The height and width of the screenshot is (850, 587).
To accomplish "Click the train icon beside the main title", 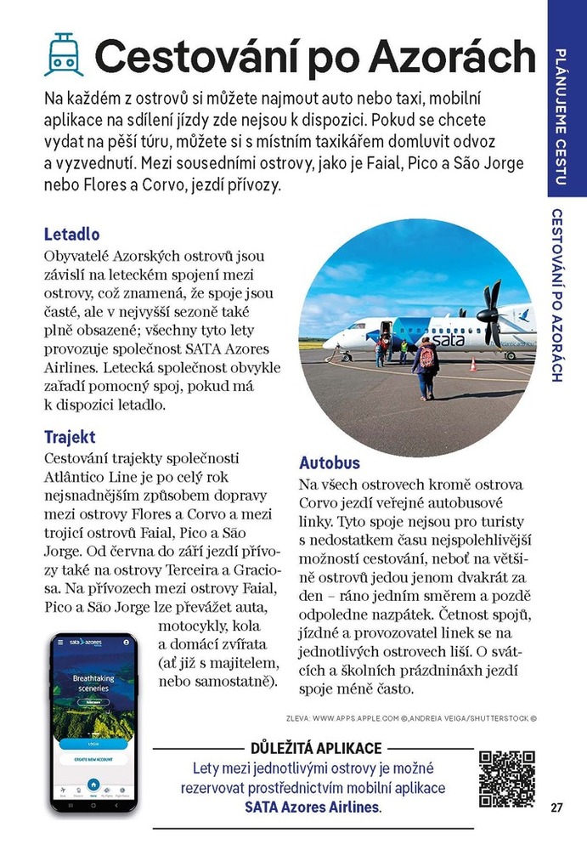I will (64, 54).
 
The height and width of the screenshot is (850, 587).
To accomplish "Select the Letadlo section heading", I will (72, 234).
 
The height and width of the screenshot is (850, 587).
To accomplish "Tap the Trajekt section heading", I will (70, 438).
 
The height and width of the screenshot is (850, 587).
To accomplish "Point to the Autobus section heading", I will (330, 463).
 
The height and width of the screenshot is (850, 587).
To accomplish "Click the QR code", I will (507, 779).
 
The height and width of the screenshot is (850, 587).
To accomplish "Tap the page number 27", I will (556, 807).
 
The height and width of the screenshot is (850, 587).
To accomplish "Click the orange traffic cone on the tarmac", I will (473, 365).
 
